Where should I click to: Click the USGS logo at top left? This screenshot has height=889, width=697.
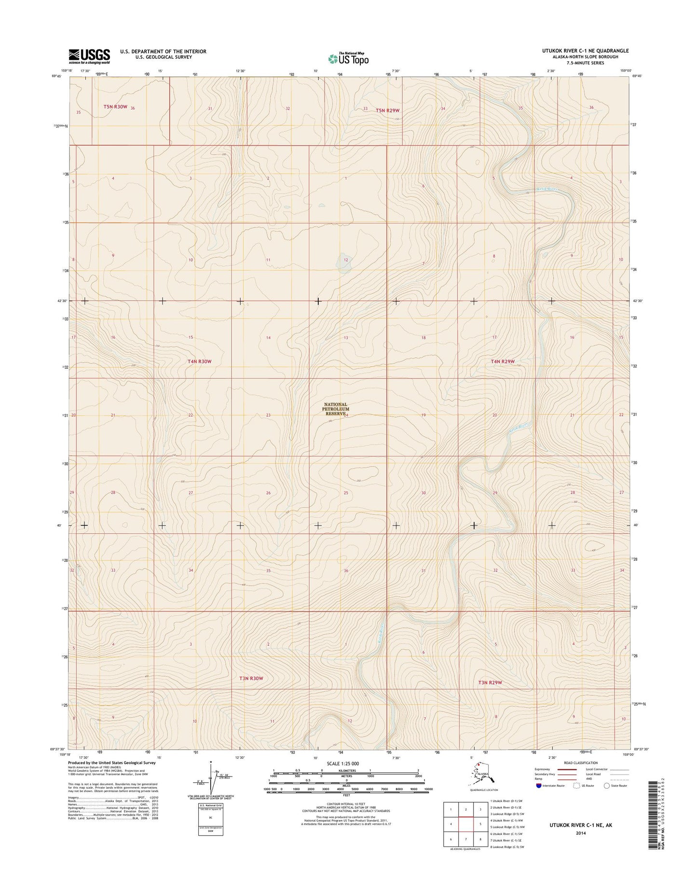click(x=89, y=56)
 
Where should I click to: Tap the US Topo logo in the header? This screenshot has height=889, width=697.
click(x=348, y=58)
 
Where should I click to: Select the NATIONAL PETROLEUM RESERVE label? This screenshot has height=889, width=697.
click(x=336, y=409)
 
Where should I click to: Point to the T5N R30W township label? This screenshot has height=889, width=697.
click(x=115, y=107)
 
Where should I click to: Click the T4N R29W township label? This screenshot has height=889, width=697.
click(x=503, y=361)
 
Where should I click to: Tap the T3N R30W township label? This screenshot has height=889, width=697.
click(x=251, y=678)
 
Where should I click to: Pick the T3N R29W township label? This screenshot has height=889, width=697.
click(x=490, y=682)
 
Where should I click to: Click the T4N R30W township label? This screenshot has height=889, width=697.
click(x=200, y=361)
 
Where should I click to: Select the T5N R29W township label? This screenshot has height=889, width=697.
click(x=388, y=110)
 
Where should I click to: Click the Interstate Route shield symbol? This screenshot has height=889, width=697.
click(x=538, y=786)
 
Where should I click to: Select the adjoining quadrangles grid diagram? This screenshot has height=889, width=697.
click(x=465, y=824)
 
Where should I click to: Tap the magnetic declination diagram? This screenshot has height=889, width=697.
click(x=211, y=778)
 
